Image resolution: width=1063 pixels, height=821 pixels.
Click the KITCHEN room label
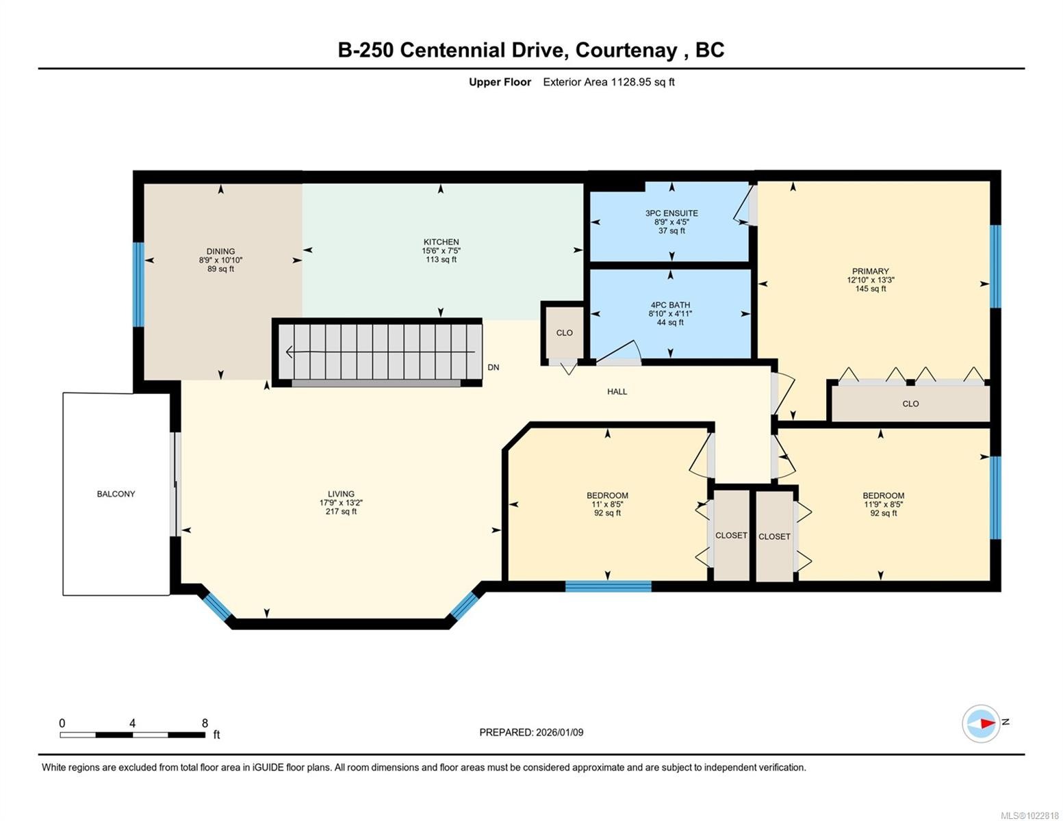click(x=441, y=242)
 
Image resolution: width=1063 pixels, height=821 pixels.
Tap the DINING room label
click(x=220, y=251)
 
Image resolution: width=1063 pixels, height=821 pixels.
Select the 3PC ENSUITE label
click(x=671, y=213)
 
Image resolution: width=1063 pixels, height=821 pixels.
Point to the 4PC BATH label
click(x=670, y=304)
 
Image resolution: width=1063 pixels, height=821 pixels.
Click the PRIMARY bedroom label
click(x=870, y=271)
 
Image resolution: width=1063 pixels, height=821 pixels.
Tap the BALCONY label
click(x=116, y=494)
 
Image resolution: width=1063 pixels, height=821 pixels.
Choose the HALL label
click(x=617, y=391)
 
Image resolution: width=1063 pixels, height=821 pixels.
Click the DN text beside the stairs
click(x=493, y=367)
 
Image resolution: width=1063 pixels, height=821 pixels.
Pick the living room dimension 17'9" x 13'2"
click(x=341, y=503)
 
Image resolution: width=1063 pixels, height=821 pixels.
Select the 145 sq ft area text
click(x=870, y=289)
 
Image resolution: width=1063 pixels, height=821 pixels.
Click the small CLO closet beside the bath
click(x=564, y=333)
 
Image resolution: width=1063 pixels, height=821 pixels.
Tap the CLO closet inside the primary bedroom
click(x=910, y=404)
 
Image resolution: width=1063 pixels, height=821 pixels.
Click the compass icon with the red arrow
click(x=980, y=724)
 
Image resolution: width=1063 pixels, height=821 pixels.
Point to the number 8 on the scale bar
click(x=205, y=722)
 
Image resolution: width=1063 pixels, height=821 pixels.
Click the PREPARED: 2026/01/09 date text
click(x=531, y=732)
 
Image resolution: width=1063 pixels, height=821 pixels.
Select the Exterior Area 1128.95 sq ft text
click(x=609, y=81)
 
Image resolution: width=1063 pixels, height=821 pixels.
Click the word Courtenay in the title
click(x=626, y=51)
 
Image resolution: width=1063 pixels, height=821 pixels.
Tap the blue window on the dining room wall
click(x=139, y=284)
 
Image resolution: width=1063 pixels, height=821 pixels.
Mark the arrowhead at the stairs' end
click(x=289, y=352)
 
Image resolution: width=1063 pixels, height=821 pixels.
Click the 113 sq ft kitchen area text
click(x=441, y=259)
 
